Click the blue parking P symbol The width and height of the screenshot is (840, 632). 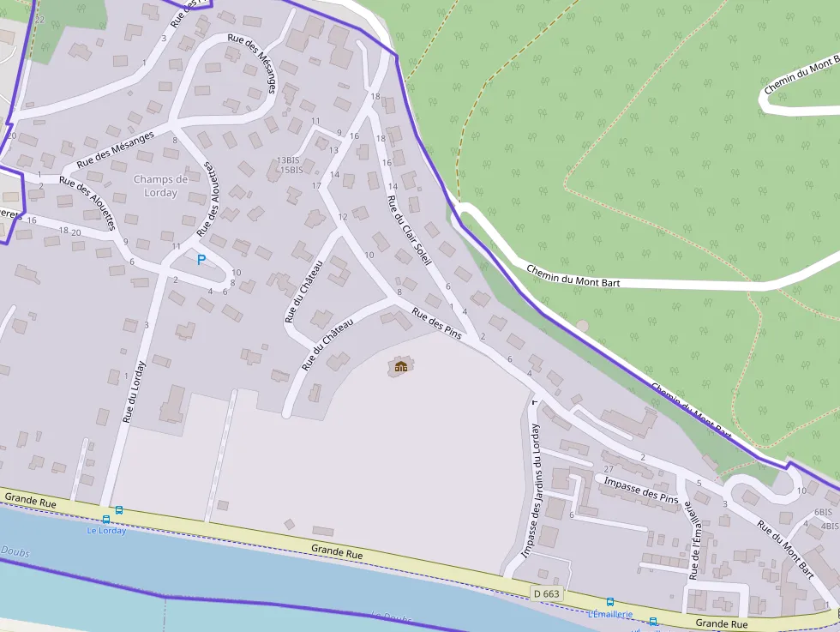(201, 259)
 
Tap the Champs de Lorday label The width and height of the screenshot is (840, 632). (160, 186)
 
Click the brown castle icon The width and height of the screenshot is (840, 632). (400, 367)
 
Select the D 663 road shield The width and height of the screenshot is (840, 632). (545, 593)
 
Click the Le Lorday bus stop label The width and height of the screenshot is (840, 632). (106, 530)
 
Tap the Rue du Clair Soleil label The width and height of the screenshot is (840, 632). (409, 230)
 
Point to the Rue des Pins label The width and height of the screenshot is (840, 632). (437, 325)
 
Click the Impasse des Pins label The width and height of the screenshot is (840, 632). (640, 491)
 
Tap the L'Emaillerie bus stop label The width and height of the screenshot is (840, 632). (610, 614)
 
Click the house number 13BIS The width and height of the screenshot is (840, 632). (288, 160)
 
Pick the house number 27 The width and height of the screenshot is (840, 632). (609, 469)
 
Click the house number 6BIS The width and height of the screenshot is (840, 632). (823, 512)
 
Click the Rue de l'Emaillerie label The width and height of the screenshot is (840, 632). (696, 541)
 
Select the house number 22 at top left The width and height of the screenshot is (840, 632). (39, 19)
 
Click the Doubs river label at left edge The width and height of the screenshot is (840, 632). (15, 551)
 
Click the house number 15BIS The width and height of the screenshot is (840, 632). (291, 170)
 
